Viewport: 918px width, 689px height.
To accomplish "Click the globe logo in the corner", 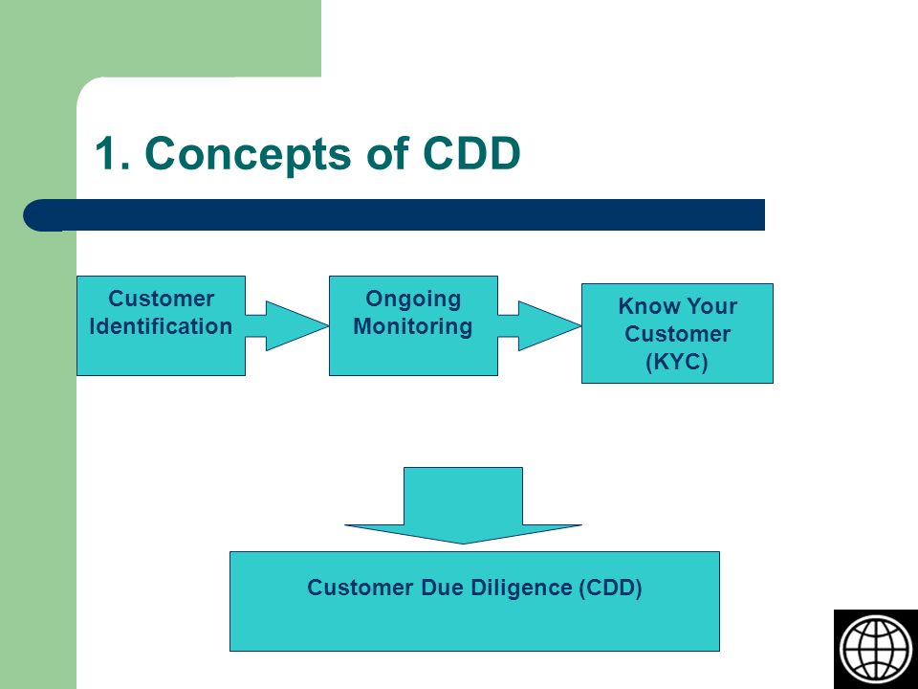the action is click(876, 649).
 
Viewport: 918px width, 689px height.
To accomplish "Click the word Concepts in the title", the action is click(250, 154).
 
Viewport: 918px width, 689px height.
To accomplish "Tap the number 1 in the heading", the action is click(106, 153).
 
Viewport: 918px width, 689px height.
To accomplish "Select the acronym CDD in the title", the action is click(471, 153).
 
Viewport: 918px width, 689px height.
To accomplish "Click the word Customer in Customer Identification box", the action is click(161, 299).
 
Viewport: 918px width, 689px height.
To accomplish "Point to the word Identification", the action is click(161, 326).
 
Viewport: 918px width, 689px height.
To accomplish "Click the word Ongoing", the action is click(413, 300).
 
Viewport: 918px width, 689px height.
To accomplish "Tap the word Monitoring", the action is click(413, 327).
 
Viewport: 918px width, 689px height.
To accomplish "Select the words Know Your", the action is click(677, 306).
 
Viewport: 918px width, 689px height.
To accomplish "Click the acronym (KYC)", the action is click(677, 362).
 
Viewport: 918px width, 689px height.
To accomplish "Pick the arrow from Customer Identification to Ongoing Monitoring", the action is click(287, 325).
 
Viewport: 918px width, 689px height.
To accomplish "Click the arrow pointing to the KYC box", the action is click(539, 325).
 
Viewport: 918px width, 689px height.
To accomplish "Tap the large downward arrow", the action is click(463, 505).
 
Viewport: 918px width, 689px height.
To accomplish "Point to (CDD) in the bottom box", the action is click(611, 588).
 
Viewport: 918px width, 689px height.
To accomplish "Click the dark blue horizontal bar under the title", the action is click(394, 215).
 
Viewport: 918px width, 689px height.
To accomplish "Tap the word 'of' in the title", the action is click(387, 153).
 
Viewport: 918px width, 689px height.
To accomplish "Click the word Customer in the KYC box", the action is click(677, 334).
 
